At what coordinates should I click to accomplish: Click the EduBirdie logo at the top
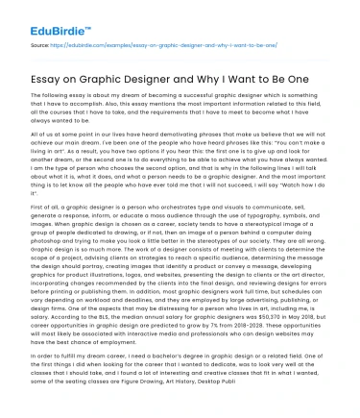pos(36,16)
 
